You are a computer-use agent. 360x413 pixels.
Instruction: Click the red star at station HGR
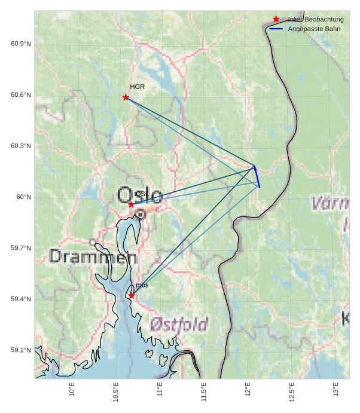pyautogui.click(x=126, y=97)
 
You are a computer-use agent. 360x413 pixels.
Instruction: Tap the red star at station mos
pyautogui.click(x=132, y=295)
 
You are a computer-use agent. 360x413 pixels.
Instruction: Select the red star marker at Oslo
pyautogui.click(x=131, y=204)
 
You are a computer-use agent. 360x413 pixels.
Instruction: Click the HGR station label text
pyautogui.click(x=138, y=87)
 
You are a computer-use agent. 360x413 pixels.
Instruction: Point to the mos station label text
pyautogui.click(x=142, y=286)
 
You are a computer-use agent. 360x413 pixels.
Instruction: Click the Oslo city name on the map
pyautogui.click(x=140, y=195)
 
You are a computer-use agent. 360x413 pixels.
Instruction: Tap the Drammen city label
pyautogui.click(x=93, y=257)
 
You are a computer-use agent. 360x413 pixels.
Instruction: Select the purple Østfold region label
pyautogui.click(x=179, y=325)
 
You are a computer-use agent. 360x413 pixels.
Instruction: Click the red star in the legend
pyautogui.click(x=276, y=19)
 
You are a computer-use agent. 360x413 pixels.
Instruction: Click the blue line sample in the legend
pyautogui.click(x=276, y=29)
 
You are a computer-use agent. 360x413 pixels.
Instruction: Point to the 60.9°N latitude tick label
pyautogui.click(x=21, y=44)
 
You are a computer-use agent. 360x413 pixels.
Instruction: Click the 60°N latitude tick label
pyautogui.click(x=24, y=197)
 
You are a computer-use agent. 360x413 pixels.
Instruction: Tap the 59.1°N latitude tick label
pyautogui.click(x=21, y=350)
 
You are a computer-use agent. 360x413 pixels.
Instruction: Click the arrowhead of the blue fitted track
pyautogui.click(x=255, y=168)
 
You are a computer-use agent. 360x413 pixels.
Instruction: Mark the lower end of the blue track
pyautogui.click(x=260, y=187)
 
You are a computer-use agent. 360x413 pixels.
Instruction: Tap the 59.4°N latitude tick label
pyautogui.click(x=21, y=299)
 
